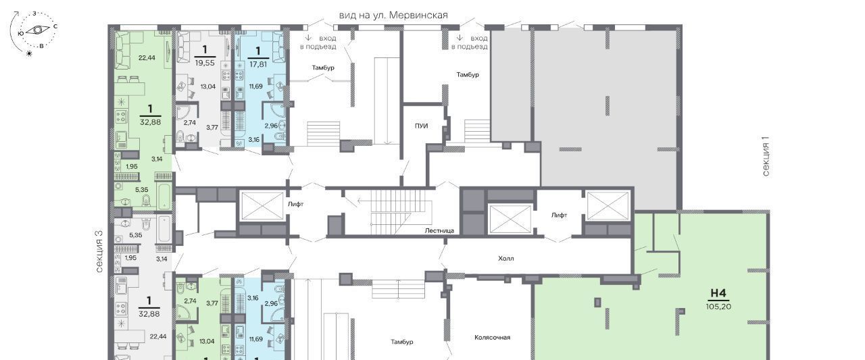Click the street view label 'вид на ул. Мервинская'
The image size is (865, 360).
point(393,15)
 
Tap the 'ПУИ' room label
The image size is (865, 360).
point(421,126)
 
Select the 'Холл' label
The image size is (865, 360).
point(506,259)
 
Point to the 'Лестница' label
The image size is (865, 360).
point(439,231)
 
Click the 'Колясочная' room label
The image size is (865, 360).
point(493,338)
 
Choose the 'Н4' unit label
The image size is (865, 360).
point(718,293)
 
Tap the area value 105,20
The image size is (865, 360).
point(718,307)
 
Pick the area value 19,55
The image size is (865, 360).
point(205,63)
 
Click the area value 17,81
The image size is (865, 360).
point(258,64)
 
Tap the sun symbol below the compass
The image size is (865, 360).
point(28,53)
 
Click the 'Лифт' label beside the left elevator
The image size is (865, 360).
point(296,204)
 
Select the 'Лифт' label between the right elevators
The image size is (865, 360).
point(559,215)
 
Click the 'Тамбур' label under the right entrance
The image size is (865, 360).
point(468,74)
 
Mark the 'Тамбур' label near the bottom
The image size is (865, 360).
point(402,342)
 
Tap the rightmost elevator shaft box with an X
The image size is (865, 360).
point(608,205)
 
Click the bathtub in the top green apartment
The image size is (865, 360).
point(164,195)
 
